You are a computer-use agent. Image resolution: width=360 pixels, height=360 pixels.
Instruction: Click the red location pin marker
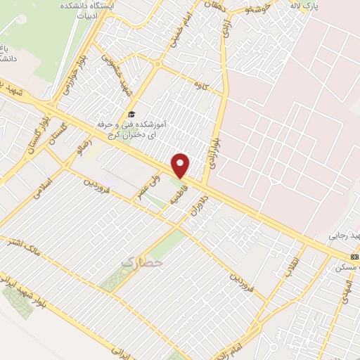pos(181,165)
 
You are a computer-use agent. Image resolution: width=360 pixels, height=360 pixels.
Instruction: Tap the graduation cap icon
pos(130,115)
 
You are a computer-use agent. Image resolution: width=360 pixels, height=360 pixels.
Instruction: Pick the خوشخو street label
pos(254,8)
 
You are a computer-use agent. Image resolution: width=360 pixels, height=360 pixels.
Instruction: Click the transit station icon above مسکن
pos(354,257)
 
